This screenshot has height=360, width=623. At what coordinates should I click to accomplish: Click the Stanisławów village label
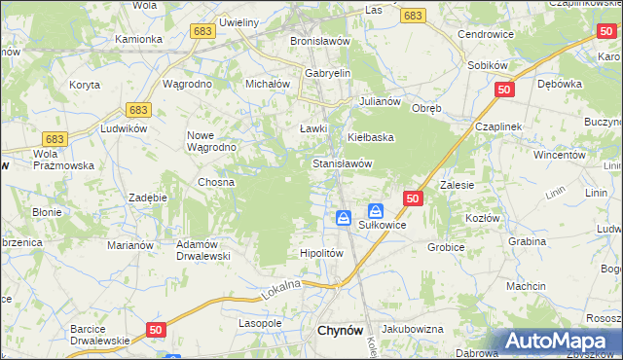(342, 164)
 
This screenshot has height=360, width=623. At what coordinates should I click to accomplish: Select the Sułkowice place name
(382, 225)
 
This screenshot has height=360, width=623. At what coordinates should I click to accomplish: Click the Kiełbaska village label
(370, 137)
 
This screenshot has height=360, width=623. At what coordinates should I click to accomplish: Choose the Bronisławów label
(320, 42)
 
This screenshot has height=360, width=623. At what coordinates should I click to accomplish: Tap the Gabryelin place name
(327, 73)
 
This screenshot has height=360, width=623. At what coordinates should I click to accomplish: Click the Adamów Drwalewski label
(202, 250)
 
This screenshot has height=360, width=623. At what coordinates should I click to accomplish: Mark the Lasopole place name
(260, 322)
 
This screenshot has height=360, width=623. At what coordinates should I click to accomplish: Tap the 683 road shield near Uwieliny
(203, 31)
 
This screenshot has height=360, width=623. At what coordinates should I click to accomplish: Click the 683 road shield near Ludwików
(139, 110)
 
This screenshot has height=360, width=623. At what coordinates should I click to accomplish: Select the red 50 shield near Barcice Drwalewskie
(156, 331)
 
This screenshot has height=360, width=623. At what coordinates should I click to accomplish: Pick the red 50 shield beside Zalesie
(413, 198)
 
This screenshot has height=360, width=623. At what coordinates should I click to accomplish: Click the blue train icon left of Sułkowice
(344, 218)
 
